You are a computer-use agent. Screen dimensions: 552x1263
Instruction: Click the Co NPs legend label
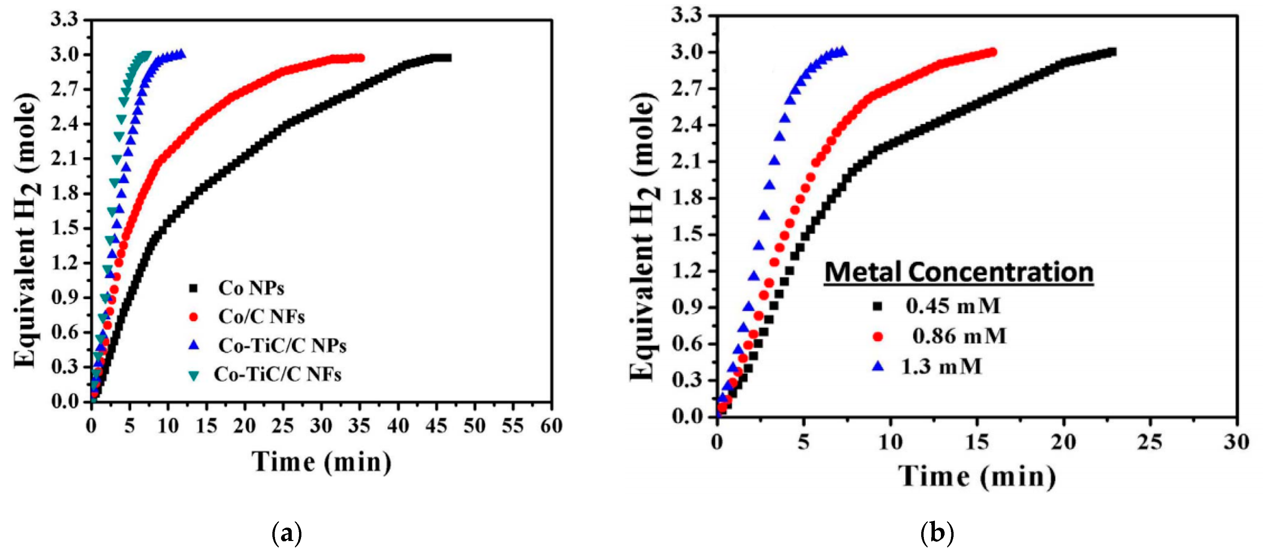click(251, 288)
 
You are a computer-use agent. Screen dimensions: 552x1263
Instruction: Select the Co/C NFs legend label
click(261, 317)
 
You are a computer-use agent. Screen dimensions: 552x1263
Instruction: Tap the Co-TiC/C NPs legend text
click(282, 346)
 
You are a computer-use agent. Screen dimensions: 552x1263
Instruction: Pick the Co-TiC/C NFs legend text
click(277, 375)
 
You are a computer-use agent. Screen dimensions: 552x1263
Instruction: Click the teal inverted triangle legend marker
click(194, 376)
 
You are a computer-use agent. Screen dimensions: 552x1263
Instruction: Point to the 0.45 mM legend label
click(953, 306)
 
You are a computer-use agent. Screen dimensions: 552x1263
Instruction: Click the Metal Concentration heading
click(959, 272)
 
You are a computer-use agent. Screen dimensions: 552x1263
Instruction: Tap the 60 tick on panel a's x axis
click(551, 426)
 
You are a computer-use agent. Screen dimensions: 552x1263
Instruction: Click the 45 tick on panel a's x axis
click(436, 426)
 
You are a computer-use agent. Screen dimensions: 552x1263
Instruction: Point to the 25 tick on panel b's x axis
click(1150, 442)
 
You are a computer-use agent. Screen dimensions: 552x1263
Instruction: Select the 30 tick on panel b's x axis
click(1236, 442)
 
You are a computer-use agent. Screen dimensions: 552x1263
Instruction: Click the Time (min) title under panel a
click(322, 462)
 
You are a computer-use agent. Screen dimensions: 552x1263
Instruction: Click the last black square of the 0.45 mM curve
click(1112, 52)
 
